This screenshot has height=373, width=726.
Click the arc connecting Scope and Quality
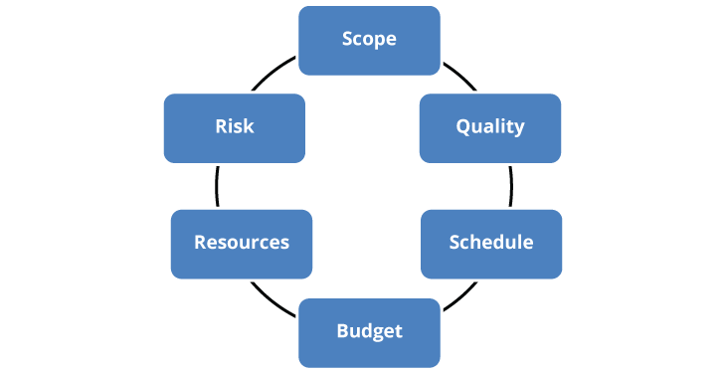(x=458, y=80)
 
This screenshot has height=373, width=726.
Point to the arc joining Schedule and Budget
(x=458, y=295)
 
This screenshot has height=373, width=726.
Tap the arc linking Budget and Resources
(x=271, y=295)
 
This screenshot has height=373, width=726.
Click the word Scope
(x=369, y=40)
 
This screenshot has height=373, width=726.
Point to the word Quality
(x=489, y=127)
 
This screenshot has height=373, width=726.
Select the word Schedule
(x=490, y=243)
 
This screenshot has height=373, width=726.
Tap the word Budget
(x=369, y=331)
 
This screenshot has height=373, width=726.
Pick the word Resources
(x=242, y=243)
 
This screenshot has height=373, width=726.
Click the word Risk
(x=234, y=126)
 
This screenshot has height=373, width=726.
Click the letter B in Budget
(x=342, y=330)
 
